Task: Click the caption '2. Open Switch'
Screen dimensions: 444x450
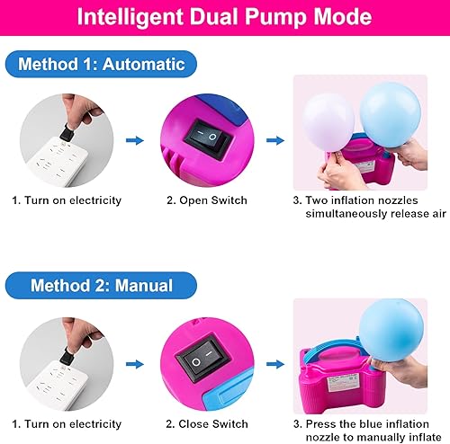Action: point(207,200)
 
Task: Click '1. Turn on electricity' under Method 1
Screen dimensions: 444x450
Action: point(67,200)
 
